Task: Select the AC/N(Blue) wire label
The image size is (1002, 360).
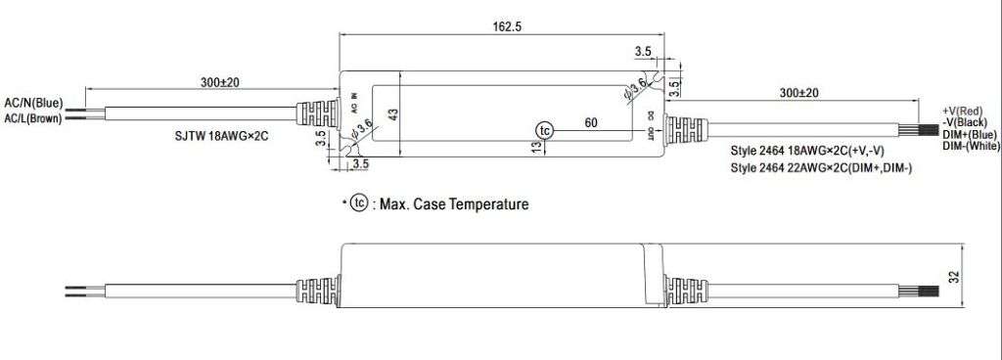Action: (34, 102)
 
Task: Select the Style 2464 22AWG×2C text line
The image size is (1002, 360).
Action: (822, 168)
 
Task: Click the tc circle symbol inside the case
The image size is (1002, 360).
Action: (545, 130)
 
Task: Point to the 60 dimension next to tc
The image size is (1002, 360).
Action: (591, 123)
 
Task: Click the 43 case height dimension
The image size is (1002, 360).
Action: (394, 114)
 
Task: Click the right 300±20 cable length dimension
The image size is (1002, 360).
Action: (799, 92)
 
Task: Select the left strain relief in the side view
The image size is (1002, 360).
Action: (318, 291)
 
